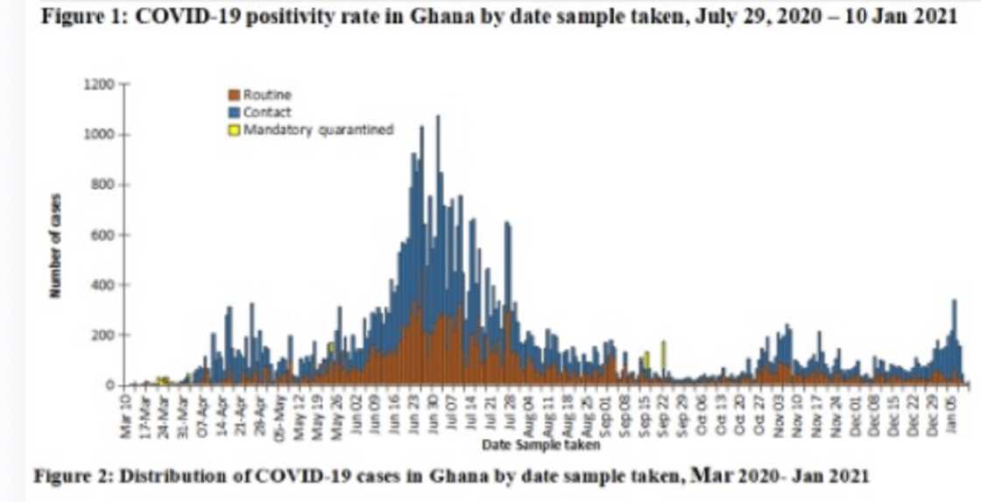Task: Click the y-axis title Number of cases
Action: [x=55, y=245]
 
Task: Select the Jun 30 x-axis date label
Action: [x=433, y=414]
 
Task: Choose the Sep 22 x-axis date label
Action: [x=664, y=414]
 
